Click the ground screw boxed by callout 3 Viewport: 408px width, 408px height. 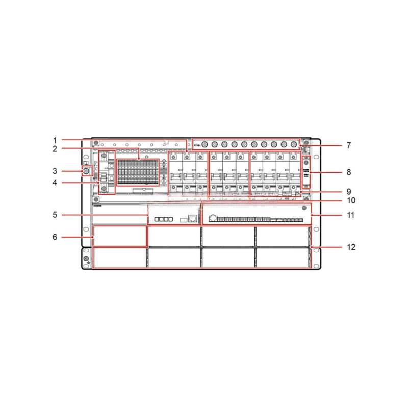pyautogui.click(x=86, y=170)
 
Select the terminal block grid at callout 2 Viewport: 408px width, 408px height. pyautogui.click(x=138, y=172)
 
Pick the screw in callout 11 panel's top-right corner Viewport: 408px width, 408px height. pyautogui.click(x=304, y=208)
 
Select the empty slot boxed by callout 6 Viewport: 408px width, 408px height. pyautogui.click(x=120, y=237)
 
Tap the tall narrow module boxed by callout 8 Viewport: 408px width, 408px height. pyautogui.click(x=307, y=172)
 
